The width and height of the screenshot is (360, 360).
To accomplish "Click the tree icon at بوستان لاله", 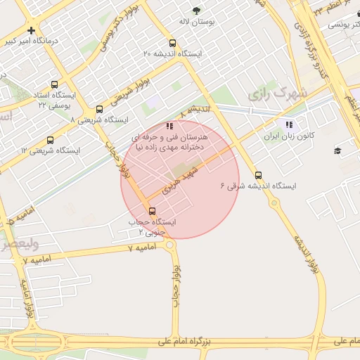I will click(196, 10).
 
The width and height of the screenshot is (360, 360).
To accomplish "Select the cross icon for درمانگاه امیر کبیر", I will click(31, 30).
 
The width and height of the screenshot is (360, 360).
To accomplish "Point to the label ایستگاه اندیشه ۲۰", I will click(173, 54).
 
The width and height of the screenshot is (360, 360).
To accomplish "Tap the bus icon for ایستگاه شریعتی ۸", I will click(99, 109).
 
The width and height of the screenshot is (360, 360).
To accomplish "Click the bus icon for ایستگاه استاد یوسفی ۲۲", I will click(55, 84).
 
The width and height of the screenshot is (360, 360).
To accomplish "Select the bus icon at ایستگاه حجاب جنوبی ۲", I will click(153, 210).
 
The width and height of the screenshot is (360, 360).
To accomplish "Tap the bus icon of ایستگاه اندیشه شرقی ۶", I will click(258, 175).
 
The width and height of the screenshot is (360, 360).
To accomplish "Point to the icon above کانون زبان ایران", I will click(288, 124).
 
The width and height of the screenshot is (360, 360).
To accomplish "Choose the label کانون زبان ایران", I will click(287, 136).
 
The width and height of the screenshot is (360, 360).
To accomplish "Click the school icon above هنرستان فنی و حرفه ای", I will click(169, 126).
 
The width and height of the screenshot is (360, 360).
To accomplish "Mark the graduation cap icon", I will click(337, 150).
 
